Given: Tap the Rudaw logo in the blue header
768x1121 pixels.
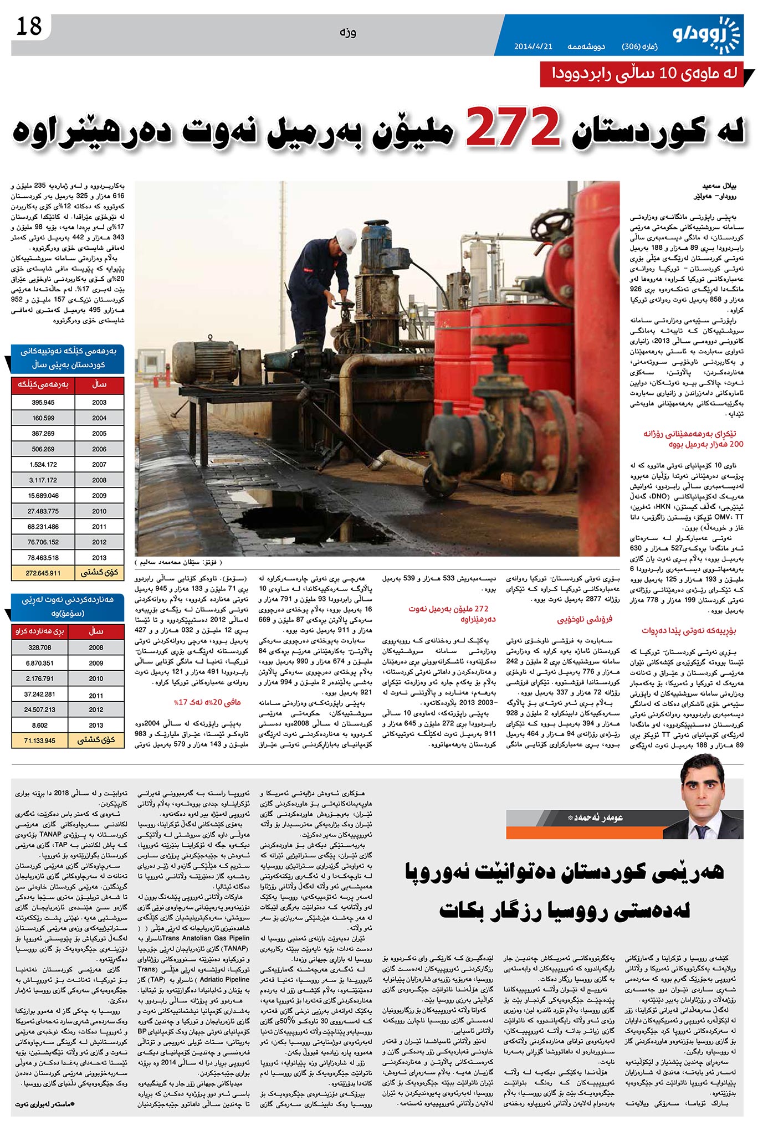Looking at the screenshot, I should pyautogui.click(x=706, y=34).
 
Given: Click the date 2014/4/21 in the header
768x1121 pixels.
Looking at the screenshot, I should pyautogui.click(x=533, y=47).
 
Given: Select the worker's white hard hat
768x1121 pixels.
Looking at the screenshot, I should pyautogui.click(x=347, y=240).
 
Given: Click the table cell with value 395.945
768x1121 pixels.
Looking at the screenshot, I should pyautogui.click(x=43, y=403).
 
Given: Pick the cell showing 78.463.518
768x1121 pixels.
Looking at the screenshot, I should pyautogui.click(x=43, y=558).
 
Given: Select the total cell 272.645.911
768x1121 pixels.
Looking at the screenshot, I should pyautogui.click(x=43, y=573).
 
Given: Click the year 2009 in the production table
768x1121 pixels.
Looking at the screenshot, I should pyautogui.click(x=99, y=496).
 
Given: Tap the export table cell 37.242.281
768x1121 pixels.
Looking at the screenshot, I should pyautogui.click(x=39, y=694).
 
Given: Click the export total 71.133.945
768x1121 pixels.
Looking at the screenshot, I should pyautogui.click(x=39, y=741).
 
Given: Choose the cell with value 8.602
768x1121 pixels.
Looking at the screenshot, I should pyautogui.click(x=39, y=725).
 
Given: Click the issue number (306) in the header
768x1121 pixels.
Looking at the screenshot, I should pyautogui.click(x=631, y=47).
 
